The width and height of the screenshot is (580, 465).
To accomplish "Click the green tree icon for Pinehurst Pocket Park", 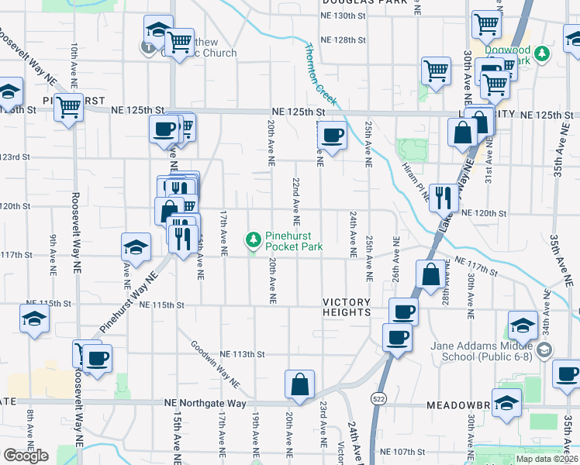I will click(253, 241).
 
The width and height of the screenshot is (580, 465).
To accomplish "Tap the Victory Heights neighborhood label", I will click(347, 307).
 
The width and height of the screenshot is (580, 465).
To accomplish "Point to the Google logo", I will click(26, 456).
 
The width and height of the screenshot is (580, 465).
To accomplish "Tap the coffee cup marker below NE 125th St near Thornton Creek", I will click(333, 136).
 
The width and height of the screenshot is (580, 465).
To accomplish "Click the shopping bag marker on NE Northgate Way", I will click(299, 384).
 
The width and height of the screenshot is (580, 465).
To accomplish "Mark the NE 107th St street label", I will click(402, 452).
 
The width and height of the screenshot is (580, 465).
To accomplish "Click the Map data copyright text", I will click(545, 459).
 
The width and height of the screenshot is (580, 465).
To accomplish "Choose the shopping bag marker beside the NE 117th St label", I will click(430, 274).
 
